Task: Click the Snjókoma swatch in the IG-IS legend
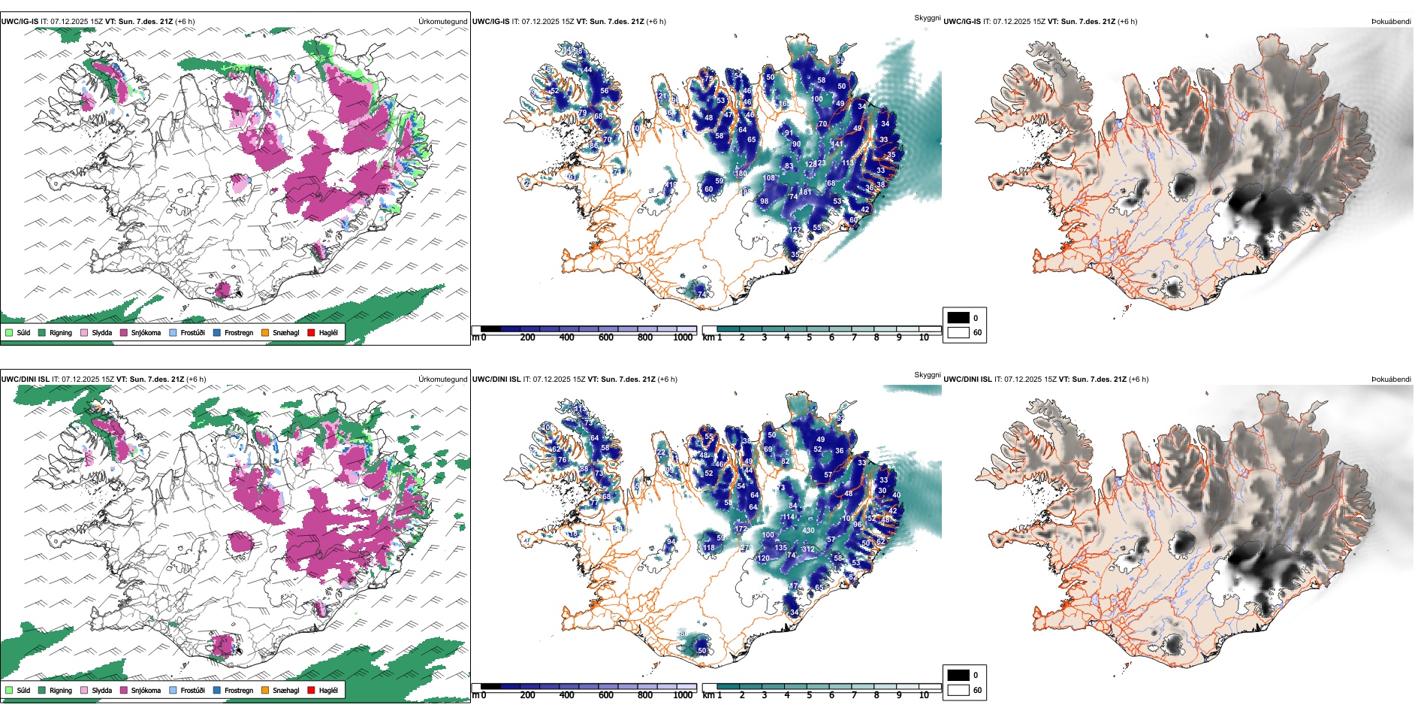[124, 332]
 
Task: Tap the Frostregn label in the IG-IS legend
[238, 332]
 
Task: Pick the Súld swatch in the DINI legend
[9, 690]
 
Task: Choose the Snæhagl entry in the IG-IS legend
[285, 332]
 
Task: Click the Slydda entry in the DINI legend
[101, 690]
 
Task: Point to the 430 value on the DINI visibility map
[808, 531]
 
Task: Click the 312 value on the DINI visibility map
[808, 549]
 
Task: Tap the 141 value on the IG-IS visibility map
[837, 144]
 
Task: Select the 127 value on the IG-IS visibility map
[795, 231]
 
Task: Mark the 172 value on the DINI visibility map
[741, 529]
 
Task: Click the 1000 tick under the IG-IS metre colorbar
[683, 337]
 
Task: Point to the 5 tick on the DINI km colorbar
[809, 695]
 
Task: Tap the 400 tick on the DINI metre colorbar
[566, 695]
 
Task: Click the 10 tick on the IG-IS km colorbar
[924, 337]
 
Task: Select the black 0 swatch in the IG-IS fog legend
[958, 318]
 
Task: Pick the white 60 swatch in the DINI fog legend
[958, 690]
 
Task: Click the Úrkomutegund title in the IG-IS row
[442, 22]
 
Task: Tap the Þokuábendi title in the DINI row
[1391, 380]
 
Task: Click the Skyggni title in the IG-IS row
[927, 17]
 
